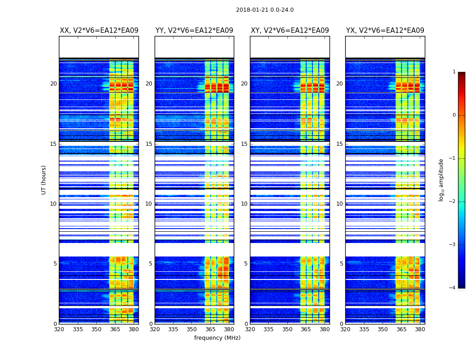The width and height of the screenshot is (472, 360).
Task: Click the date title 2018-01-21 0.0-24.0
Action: [265, 10]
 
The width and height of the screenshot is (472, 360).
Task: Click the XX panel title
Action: [99, 31]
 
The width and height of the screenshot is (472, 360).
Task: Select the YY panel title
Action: [194, 31]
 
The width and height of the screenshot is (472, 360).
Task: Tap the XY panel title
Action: [289, 31]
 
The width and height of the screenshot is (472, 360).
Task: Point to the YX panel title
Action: [385, 31]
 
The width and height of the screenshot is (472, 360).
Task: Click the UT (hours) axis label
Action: [44, 180]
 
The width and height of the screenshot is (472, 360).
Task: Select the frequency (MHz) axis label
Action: [217, 338]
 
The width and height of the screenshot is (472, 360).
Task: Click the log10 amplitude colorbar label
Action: [441, 180]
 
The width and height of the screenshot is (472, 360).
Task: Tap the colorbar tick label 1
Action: [454, 72]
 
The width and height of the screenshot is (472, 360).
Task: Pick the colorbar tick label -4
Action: [453, 288]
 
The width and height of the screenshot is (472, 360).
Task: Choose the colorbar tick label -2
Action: [453, 202]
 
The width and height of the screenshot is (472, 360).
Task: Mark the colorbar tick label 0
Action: [454, 115]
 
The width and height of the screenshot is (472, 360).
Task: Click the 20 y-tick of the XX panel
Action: [53, 84]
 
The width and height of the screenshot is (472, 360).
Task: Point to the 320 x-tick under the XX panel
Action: [59, 329]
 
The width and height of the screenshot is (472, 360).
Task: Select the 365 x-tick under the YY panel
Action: [210, 329]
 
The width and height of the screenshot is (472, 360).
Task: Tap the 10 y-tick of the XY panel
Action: [245, 204]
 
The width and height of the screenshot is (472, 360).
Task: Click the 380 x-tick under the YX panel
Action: [420, 329]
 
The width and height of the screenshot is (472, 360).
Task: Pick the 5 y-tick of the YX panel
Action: [342, 264]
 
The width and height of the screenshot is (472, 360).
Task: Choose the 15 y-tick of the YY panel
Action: [149, 144]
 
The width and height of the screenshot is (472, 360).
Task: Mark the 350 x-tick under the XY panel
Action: [287, 329]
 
